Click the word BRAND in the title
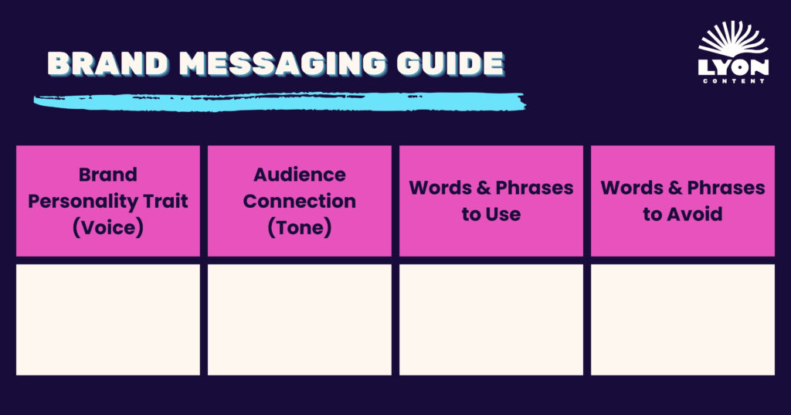[x=107, y=64]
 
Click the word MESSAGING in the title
[x=283, y=64]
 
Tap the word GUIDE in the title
[x=450, y=64]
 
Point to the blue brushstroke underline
[x=280, y=101]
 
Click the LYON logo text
[x=734, y=67]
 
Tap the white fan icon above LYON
[x=734, y=39]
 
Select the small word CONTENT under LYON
[x=734, y=81]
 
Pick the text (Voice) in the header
[x=108, y=227]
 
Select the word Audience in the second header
[x=300, y=175]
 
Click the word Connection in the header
[x=300, y=201]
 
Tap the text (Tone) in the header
[x=300, y=227]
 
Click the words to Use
[x=491, y=214]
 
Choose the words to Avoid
[x=683, y=214]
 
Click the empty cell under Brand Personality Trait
[x=108, y=320]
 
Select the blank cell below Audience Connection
[x=300, y=320]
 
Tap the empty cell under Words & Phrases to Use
[x=491, y=320]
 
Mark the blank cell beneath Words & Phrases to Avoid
[x=683, y=320]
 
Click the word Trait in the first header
[x=165, y=201]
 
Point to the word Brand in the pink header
[x=108, y=175]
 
